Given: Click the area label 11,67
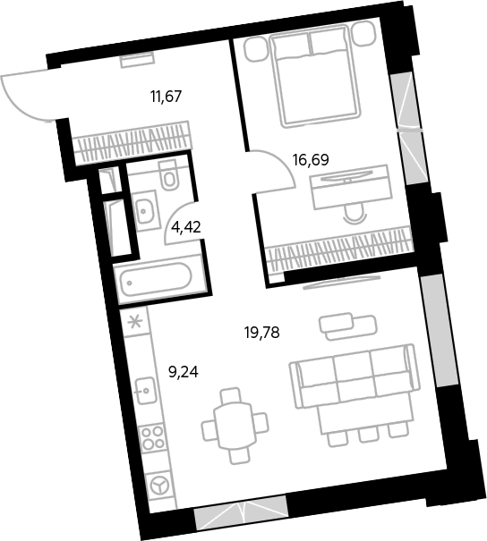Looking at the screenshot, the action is (167, 97).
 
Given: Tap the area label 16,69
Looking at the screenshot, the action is (311, 160).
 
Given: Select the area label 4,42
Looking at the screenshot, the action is (186, 227).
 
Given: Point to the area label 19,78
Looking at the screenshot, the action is (261, 333).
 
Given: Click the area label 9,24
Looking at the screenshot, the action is (184, 372).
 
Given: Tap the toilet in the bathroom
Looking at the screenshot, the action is (168, 174).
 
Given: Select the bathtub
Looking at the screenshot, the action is (156, 280).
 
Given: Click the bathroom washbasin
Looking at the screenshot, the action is (144, 210).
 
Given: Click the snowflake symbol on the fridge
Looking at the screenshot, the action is (134, 322).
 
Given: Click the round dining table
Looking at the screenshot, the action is (235, 425).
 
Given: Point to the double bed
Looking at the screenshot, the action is (315, 75).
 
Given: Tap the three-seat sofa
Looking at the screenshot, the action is (355, 376).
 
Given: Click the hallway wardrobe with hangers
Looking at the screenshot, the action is (132, 142).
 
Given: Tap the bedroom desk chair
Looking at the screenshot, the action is (354, 214).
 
